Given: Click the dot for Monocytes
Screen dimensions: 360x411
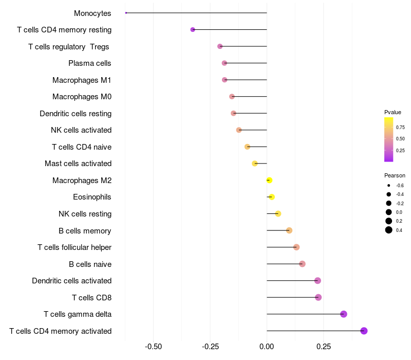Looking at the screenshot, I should point(126,13).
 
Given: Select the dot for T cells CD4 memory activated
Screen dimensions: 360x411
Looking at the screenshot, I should point(364,331).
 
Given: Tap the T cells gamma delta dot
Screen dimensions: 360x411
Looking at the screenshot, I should point(344,314).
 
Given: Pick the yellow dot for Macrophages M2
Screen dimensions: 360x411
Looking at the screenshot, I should point(269,180).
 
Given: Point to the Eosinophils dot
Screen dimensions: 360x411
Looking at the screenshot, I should point(272,197).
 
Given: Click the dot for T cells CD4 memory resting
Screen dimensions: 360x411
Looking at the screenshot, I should point(193,30).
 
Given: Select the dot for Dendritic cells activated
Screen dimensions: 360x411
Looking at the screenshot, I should point(317,281).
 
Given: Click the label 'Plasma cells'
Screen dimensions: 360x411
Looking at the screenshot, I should point(90,63).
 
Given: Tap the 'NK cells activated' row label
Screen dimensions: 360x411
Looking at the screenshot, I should point(81,130).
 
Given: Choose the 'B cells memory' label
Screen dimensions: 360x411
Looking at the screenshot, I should point(85,230).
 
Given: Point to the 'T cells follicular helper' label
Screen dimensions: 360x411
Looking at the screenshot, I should point(74,247).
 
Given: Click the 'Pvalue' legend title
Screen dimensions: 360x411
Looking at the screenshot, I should point(393,112).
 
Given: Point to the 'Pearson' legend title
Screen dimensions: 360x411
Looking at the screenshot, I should point(395,175).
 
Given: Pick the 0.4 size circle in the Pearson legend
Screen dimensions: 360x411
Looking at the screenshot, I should point(389,230).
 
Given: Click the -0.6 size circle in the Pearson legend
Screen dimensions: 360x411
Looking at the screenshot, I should point(389,185).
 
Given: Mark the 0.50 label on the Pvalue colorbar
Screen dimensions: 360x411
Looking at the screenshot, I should point(400,139).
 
